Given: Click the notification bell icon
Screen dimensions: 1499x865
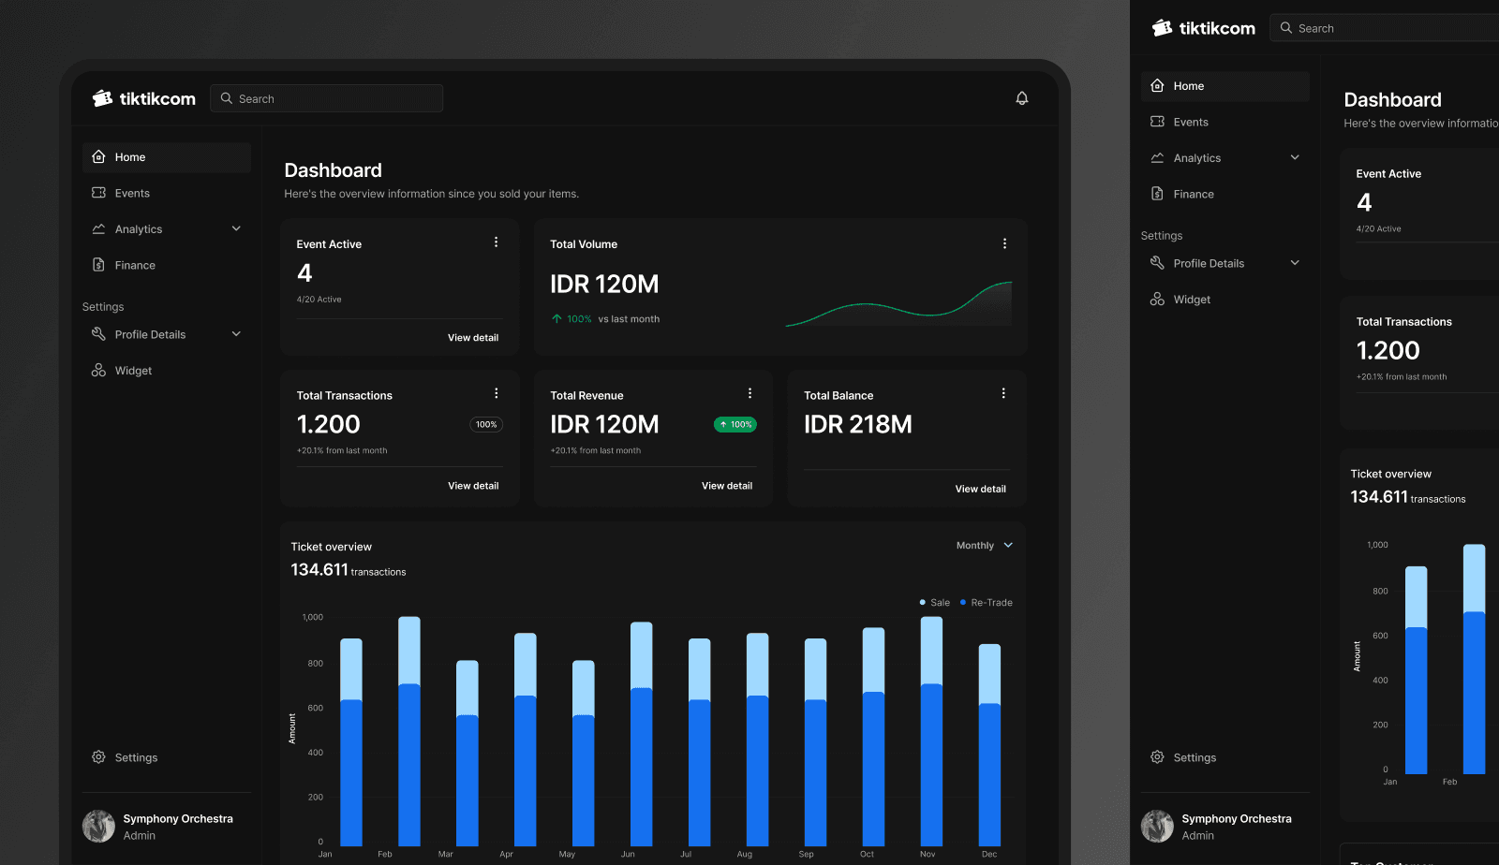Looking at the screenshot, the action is (1021, 98).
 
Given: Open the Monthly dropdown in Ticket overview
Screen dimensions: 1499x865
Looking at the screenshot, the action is (985, 546).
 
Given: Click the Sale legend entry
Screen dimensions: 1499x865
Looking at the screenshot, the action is (935, 602).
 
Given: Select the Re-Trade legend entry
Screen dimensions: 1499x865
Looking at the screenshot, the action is (986, 602).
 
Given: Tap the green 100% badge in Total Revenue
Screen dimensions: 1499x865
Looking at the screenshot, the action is (735, 424).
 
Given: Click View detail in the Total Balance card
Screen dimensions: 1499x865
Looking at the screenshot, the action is (980, 489).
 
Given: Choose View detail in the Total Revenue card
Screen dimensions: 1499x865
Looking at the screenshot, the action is (726, 485).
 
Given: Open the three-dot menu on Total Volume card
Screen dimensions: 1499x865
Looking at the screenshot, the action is (1004, 243).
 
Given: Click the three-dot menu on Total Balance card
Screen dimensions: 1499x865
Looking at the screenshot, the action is (1003, 393).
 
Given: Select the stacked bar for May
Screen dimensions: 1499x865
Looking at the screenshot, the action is (583, 754).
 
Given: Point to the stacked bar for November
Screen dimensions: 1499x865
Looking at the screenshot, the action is (931, 731).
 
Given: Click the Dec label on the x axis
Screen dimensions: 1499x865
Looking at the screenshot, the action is (989, 855).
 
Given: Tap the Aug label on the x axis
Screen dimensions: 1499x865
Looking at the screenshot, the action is (744, 855).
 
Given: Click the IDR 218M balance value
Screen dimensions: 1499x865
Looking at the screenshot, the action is (857, 424).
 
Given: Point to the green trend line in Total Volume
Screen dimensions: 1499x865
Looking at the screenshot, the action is (898, 310).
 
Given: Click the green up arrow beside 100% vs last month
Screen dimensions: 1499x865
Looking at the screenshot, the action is (557, 319).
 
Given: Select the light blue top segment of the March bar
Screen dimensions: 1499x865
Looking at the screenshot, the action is (468, 688).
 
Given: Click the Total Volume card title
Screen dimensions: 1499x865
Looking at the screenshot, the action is (584, 244).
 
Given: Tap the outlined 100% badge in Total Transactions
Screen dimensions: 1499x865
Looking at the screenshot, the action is (486, 424).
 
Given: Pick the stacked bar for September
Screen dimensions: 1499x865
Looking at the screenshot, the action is (815, 742).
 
